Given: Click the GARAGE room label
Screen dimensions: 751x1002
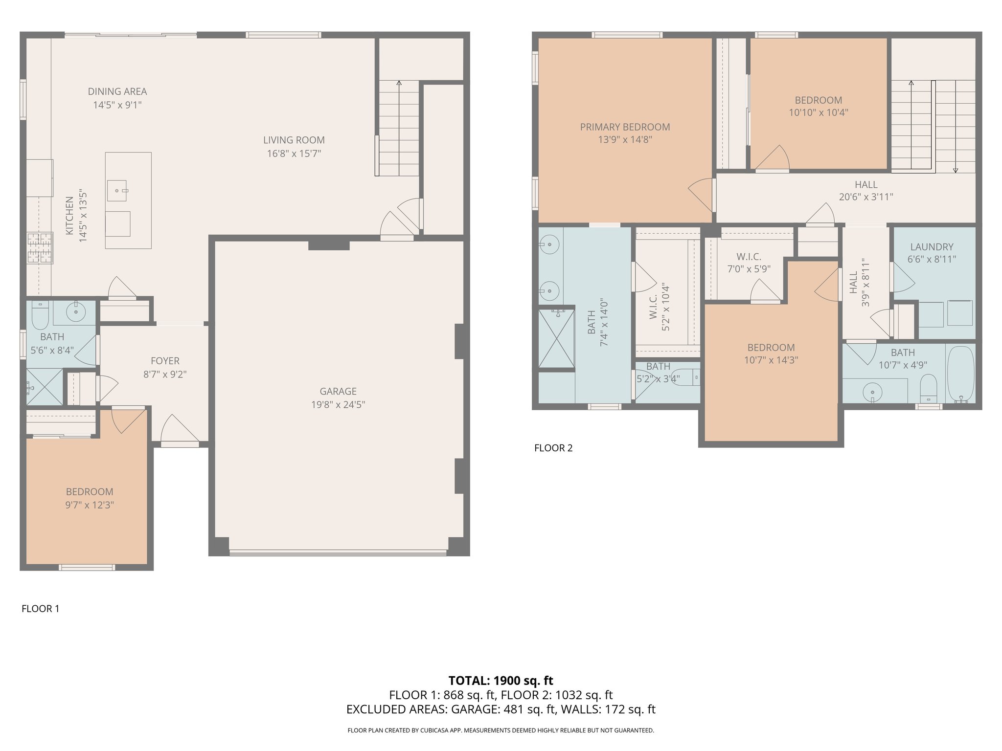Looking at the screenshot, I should (x=338, y=391).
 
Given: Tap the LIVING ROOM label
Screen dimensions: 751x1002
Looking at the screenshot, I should (x=294, y=140).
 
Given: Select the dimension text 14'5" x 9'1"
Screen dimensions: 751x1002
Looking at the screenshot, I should (x=117, y=105).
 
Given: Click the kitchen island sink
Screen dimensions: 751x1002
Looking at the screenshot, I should (x=117, y=191).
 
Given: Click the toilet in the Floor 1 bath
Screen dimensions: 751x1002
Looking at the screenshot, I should (x=40, y=315).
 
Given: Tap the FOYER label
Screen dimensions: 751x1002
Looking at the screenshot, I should (x=165, y=361).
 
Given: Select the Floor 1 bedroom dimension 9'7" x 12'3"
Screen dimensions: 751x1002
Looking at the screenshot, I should (x=90, y=505).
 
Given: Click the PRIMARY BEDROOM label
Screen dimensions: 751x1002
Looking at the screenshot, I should (x=625, y=127).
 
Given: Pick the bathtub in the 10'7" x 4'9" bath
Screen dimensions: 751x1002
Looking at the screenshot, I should (x=960, y=375).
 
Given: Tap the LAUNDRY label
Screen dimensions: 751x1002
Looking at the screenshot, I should (x=932, y=247).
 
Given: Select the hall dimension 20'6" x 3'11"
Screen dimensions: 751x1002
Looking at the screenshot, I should (x=865, y=197).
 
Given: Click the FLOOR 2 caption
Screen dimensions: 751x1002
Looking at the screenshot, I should (x=553, y=448).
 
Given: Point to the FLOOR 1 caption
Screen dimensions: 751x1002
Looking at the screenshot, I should (x=41, y=609).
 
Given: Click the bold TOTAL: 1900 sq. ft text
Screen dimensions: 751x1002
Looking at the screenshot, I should (x=501, y=681).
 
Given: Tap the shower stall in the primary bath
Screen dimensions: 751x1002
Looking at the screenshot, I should (x=556, y=338).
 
